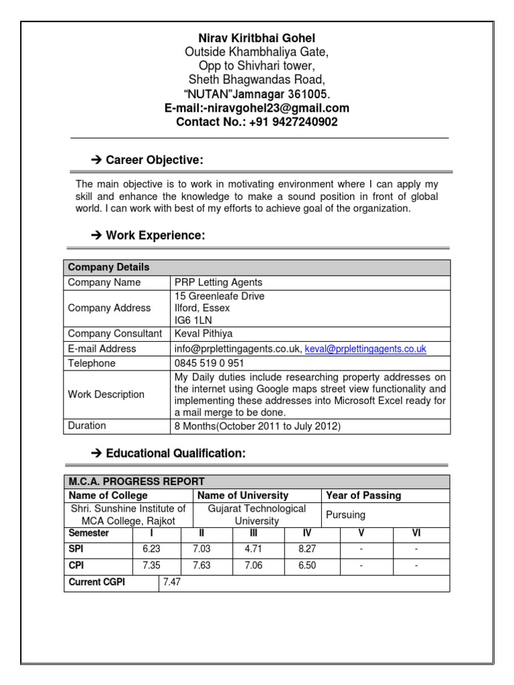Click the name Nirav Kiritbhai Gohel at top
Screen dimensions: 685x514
[257, 38]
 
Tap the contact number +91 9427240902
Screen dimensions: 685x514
[257, 122]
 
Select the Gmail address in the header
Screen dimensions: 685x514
[257, 108]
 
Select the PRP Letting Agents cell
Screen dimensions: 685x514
[218, 282]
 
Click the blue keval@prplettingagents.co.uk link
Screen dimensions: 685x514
[365, 349]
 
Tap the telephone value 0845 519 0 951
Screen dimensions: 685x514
[209, 363]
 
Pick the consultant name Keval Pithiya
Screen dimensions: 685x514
[203, 334]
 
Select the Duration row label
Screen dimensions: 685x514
[87, 425]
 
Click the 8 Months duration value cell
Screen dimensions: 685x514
[258, 426]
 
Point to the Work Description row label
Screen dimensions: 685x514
[106, 395]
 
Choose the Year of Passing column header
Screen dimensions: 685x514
[363, 496]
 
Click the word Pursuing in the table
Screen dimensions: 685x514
[345, 516]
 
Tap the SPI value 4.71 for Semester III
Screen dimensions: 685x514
[252, 549]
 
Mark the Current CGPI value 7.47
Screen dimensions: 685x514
[172, 583]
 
